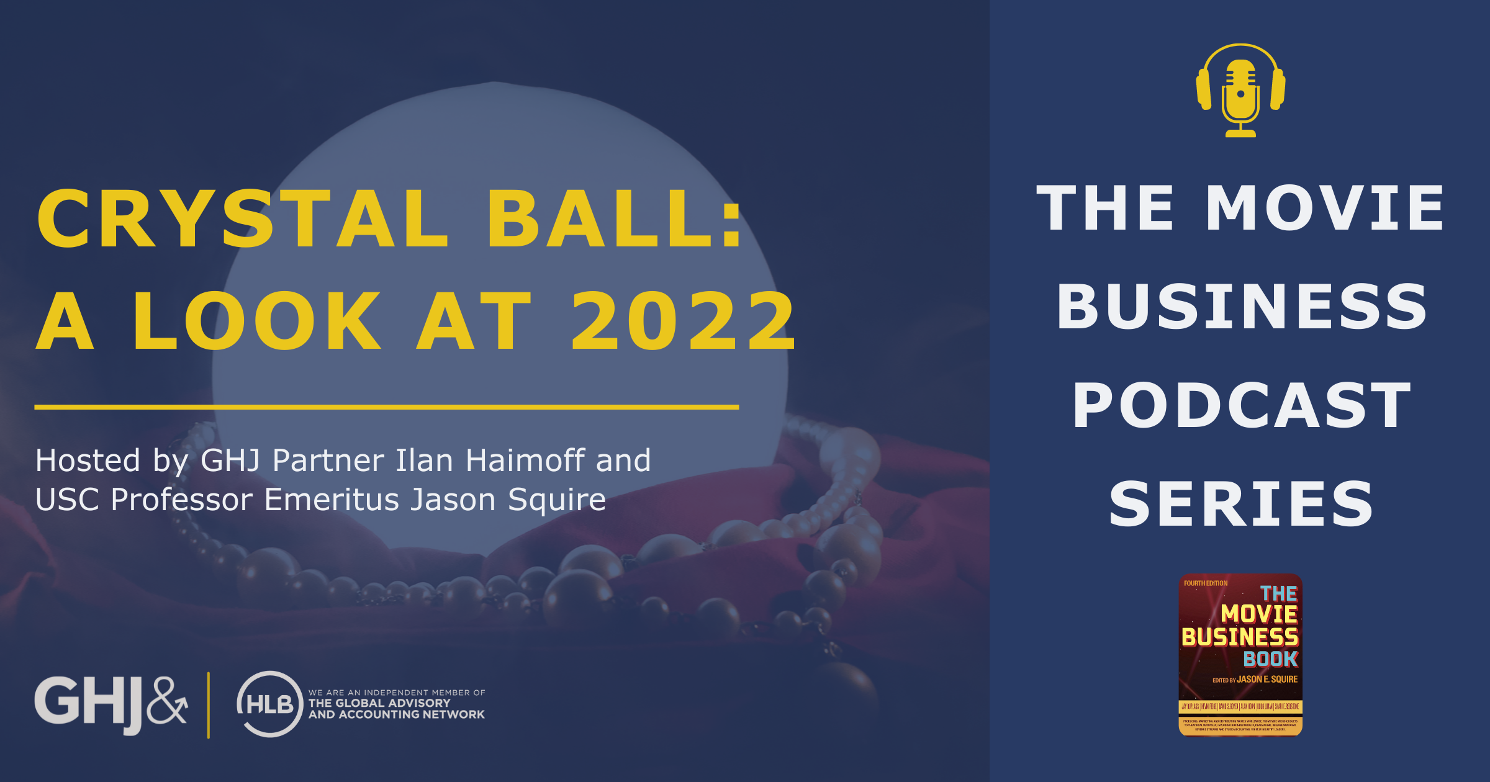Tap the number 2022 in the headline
pyautogui.click(x=683, y=321)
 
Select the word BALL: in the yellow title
pyautogui.click(x=615, y=218)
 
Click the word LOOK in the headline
pyautogui.click(x=257, y=321)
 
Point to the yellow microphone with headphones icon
pyautogui.click(x=1240, y=90)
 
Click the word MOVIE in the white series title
pyautogui.click(x=1325, y=209)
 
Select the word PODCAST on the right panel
pyautogui.click(x=1242, y=406)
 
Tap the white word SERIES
pyautogui.click(x=1242, y=504)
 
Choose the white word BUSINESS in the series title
pyautogui.click(x=1242, y=307)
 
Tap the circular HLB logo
pyautogui.click(x=269, y=704)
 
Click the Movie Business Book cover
pyautogui.click(x=1240, y=655)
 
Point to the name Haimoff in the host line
pyautogui.click(x=525, y=461)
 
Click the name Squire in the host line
pyautogui.click(x=556, y=500)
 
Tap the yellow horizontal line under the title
pyautogui.click(x=386, y=407)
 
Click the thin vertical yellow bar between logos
pyautogui.click(x=209, y=705)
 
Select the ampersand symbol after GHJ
pyautogui.click(x=168, y=701)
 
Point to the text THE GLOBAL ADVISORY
pyautogui.click(x=379, y=703)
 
